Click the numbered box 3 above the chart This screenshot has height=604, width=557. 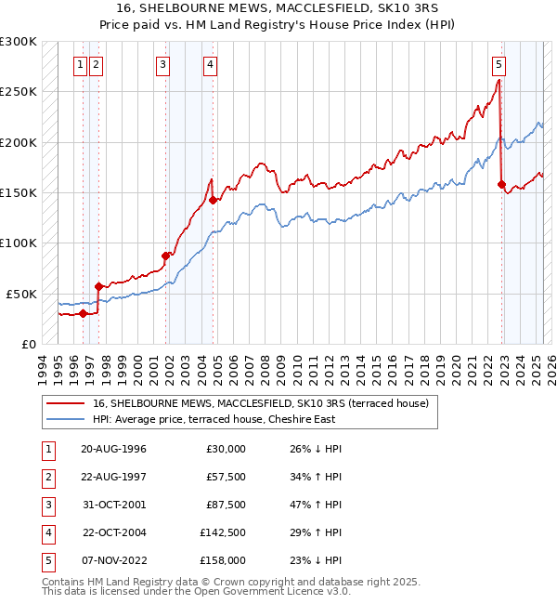[x=162, y=64]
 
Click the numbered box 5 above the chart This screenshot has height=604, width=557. [x=499, y=64]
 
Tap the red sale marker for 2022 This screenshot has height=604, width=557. [x=502, y=184]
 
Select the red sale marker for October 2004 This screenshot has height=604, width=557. [x=213, y=200]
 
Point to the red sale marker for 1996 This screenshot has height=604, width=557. [x=83, y=313]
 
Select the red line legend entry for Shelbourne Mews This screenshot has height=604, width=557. [x=260, y=403]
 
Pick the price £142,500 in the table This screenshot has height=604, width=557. [x=223, y=532]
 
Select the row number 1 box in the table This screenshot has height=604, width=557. [x=48, y=449]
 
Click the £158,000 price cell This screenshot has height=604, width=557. [x=223, y=560]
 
